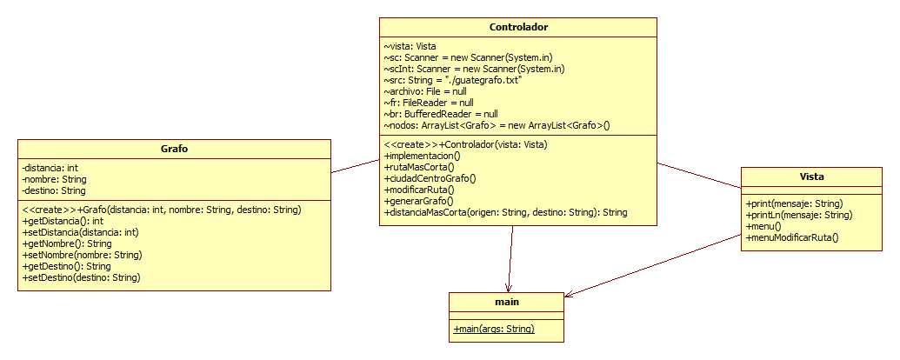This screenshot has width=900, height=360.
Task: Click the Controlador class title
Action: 518,27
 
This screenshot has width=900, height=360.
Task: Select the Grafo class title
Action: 175,149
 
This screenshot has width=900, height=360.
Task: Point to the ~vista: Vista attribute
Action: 410,46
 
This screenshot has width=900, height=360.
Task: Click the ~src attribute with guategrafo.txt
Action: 452,80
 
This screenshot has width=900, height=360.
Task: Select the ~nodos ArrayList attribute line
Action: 497,125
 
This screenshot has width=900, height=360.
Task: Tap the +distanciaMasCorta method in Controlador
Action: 505,211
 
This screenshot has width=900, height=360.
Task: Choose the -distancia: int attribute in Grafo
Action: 50,168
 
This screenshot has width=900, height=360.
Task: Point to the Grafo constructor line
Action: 161,210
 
